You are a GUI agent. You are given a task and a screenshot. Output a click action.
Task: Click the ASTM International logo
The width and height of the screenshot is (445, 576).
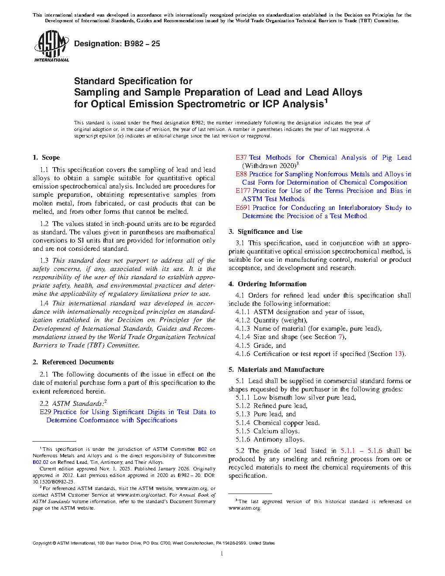click(51, 46)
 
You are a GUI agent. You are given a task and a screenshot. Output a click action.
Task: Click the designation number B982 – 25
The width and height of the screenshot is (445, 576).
click(142, 44)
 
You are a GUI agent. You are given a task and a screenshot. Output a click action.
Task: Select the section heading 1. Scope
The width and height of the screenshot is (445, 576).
click(46, 158)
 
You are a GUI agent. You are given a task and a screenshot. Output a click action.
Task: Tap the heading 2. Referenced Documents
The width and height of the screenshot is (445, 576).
click(73, 362)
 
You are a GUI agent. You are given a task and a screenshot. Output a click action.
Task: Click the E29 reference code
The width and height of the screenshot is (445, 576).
click(45, 412)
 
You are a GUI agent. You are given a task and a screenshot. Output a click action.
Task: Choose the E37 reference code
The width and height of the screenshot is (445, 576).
click(241, 158)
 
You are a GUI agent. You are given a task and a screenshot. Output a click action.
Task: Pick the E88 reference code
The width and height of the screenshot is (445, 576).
click(241, 174)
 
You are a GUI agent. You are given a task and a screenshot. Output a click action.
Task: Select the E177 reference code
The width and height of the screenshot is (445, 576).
click(243, 191)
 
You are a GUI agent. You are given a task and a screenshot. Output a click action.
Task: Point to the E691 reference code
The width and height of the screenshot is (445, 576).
click(243, 208)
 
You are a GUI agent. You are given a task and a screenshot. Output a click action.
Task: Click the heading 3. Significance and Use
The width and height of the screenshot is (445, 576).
click(265, 232)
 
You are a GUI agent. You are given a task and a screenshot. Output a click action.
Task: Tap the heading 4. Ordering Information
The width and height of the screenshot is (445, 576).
click(267, 284)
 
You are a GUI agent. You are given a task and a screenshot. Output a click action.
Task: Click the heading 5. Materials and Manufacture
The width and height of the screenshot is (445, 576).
click(276, 370)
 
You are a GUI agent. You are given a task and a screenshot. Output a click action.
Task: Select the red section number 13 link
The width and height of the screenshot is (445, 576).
click(398, 354)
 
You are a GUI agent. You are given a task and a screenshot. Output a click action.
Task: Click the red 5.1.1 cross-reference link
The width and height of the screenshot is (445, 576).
click(348, 451)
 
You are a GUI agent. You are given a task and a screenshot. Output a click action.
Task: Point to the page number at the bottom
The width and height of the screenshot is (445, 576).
click(222, 554)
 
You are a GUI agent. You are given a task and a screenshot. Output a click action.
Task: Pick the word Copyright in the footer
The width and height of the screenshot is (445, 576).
click(42, 543)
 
